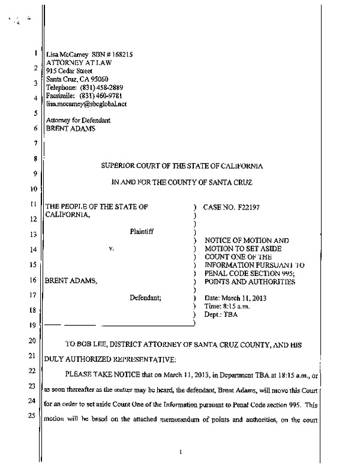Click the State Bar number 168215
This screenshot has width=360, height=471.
118,54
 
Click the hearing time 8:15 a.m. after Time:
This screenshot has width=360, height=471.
240,306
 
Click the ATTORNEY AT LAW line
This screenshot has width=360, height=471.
74,62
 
